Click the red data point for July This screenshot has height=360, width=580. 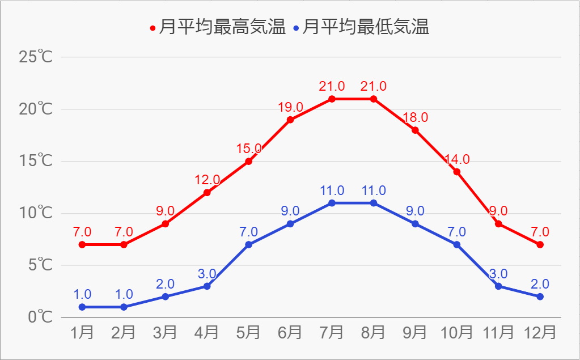332,99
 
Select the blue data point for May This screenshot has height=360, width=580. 248,244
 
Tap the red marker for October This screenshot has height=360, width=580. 456,172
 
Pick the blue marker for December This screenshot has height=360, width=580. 540,297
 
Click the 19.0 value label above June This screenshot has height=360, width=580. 290,107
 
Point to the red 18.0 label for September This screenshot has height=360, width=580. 415,118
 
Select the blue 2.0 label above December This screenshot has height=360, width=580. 540,284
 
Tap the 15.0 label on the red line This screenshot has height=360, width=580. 248,149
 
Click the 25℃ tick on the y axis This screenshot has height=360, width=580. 36,57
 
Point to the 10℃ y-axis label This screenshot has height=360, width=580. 36,213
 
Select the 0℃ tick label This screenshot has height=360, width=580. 40,317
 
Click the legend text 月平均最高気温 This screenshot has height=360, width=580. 222,27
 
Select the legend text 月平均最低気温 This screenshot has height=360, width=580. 366,27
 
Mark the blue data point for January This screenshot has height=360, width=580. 82,307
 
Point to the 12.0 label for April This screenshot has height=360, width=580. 207,180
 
